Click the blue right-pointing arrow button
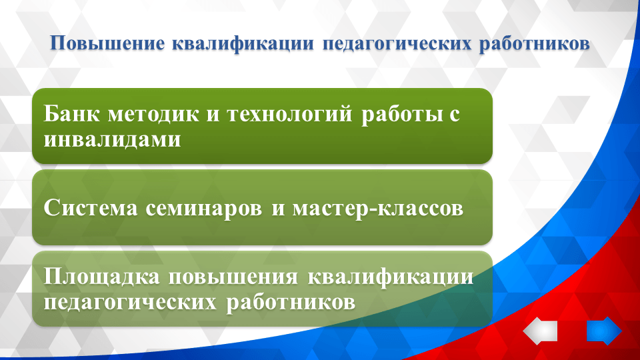(x=604, y=331)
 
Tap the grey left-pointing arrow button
(x=540, y=331)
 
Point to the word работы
(x=399, y=115)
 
